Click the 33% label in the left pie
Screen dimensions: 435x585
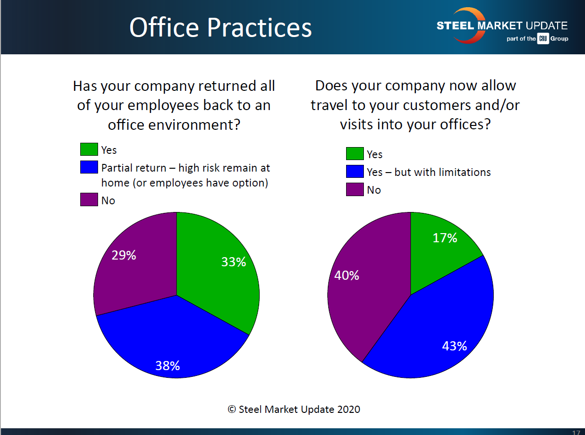point(234,262)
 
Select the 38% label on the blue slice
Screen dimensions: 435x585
point(167,366)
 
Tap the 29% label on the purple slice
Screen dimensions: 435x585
point(124,255)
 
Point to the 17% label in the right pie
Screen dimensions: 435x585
point(445,238)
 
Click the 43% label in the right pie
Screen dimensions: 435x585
point(454,346)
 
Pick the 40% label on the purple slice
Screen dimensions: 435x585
point(347,275)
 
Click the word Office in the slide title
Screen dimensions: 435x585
point(164,27)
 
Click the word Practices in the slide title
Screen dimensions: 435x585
point(260,27)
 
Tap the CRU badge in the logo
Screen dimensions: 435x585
point(543,38)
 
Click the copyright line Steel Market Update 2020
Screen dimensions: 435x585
point(294,409)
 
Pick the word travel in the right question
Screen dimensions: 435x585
point(333,105)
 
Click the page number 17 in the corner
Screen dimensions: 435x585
point(576,432)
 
